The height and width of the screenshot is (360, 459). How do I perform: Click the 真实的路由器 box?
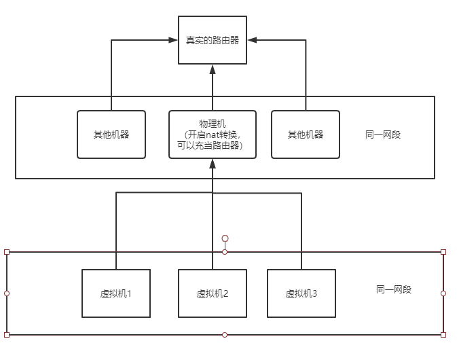[213, 40]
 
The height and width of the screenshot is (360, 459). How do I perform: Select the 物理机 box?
[213, 134]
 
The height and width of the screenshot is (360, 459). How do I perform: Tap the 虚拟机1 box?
[115, 293]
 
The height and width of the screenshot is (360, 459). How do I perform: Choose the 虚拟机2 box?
[213, 293]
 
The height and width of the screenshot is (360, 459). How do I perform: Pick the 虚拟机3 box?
[301, 293]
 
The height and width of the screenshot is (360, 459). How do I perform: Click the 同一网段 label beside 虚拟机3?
[394, 289]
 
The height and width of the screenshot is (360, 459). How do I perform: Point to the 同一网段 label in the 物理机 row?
[383, 134]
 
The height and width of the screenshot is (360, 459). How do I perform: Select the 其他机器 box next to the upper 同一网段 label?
[306, 134]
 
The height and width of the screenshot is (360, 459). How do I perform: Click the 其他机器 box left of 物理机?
[111, 134]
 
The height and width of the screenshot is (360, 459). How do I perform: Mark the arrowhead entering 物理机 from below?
[213, 163]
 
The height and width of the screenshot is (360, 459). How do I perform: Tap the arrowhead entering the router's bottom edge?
[213, 69]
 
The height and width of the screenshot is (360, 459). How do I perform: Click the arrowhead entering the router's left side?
[174, 40]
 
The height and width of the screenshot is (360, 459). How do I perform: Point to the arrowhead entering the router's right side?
[252, 40]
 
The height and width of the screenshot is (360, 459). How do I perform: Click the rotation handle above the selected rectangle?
[225, 238]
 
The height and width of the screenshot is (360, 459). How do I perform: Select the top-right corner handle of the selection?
[443, 252]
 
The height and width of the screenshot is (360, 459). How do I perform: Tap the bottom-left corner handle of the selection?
[7, 335]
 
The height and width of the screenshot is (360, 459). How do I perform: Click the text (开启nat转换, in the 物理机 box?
[213, 134]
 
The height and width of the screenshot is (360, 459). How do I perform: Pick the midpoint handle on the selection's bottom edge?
[225, 335]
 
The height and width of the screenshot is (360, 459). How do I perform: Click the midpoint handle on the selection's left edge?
[7, 293]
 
